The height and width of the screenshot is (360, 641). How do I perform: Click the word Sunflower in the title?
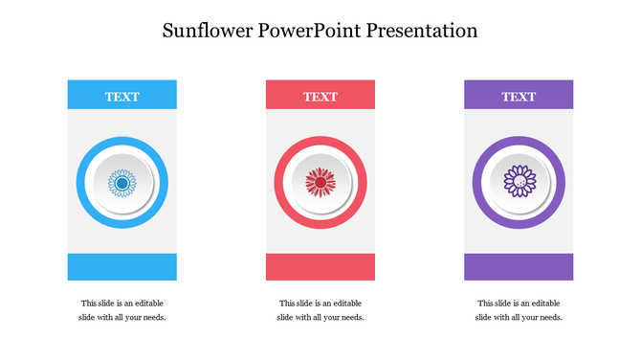(208, 31)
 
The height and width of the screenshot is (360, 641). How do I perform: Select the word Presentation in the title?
(427, 31)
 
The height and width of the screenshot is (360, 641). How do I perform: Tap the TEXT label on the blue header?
(122, 96)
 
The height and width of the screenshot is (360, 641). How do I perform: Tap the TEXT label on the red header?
(320, 96)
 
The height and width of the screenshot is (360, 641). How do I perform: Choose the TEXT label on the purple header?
(519, 96)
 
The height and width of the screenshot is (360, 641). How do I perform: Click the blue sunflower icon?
(122, 182)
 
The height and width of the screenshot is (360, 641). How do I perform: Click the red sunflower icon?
(320, 182)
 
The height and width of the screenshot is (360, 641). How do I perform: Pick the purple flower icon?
(519, 182)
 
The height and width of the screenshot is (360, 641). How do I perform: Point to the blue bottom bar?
(122, 267)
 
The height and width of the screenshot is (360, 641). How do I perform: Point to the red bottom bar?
(320, 267)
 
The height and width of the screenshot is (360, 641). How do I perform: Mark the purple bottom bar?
(519, 267)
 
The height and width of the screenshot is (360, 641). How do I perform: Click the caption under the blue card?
(122, 310)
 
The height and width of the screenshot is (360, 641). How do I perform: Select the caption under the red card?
(320, 310)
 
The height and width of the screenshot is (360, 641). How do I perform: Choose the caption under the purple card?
(519, 310)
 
